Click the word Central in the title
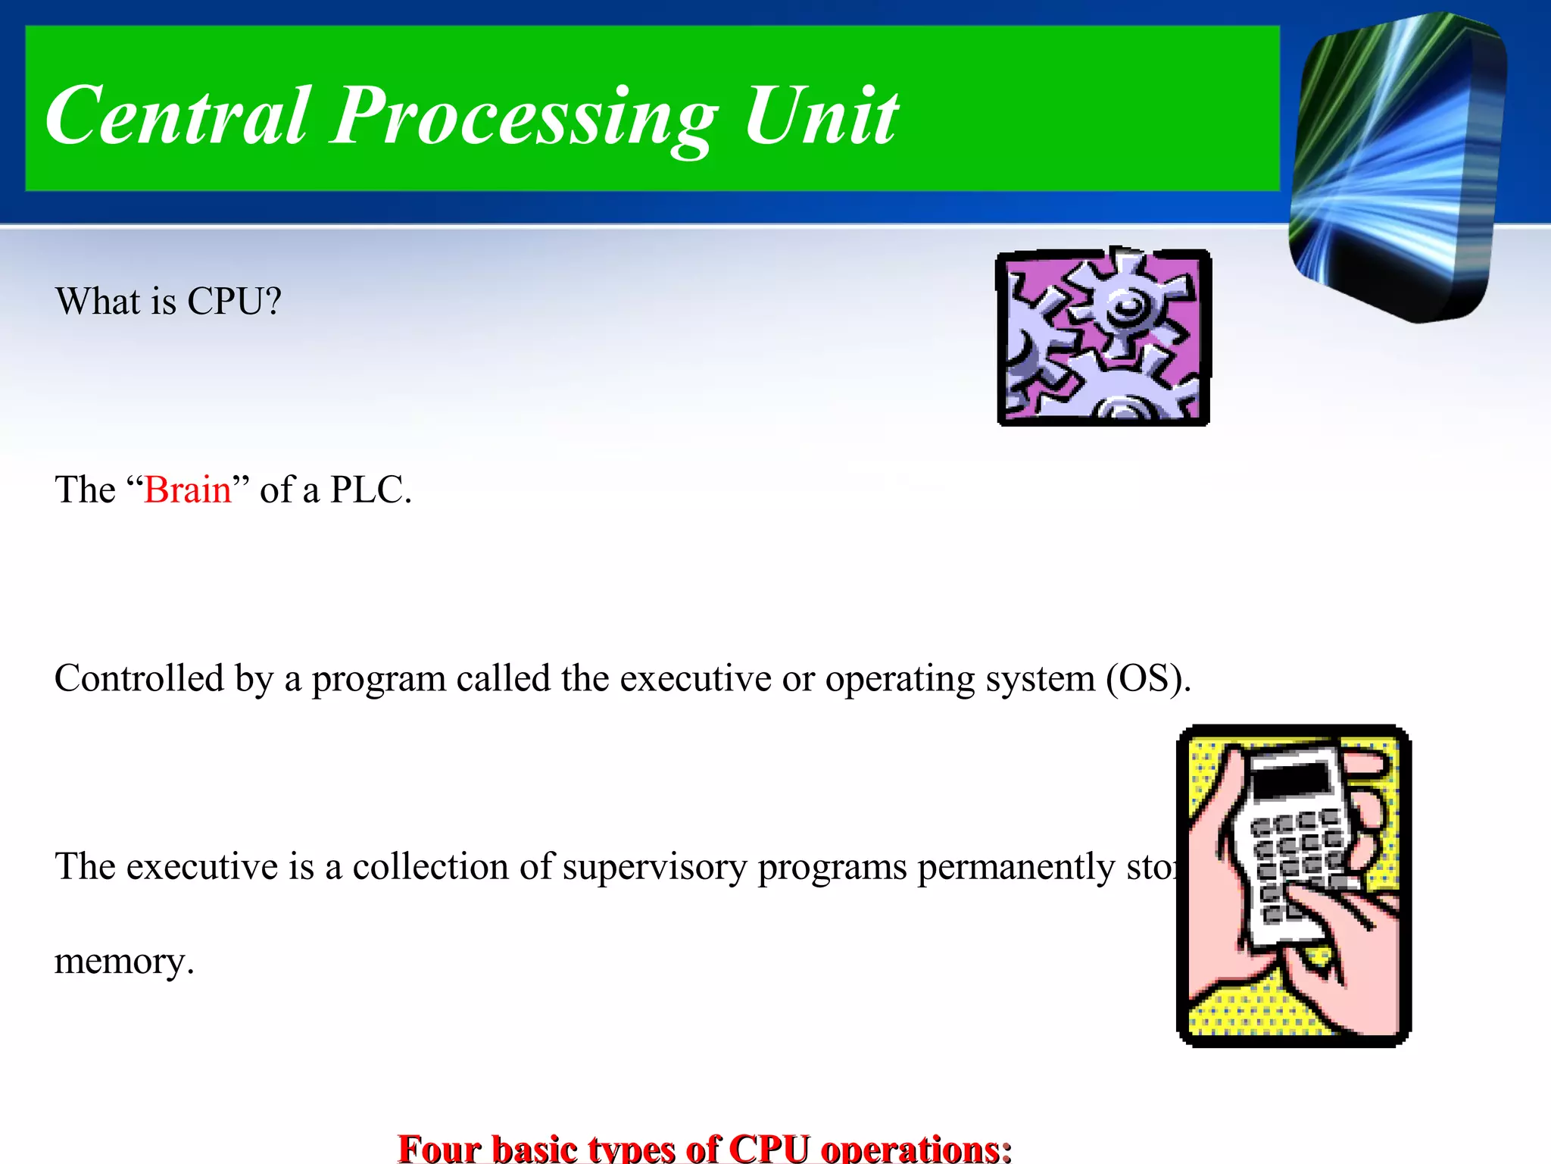click(178, 115)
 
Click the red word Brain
click(187, 490)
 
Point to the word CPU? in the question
click(234, 302)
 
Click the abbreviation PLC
click(370, 490)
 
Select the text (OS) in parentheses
click(1148, 678)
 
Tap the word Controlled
click(139, 678)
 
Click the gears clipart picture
click(1103, 337)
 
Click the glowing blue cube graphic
click(1397, 167)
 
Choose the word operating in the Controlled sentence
click(900, 678)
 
